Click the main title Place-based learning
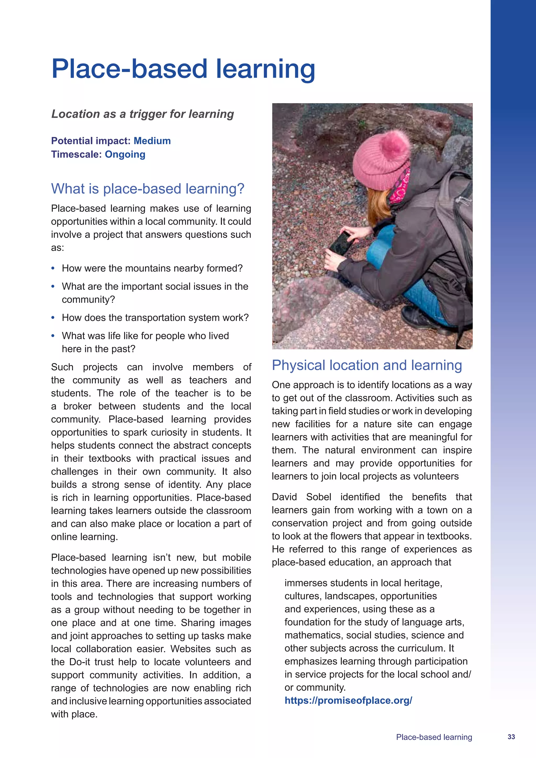click(x=183, y=69)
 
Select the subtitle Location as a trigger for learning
click(x=142, y=114)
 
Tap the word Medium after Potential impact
click(x=152, y=141)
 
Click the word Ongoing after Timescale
click(x=125, y=154)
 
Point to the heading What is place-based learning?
click(x=148, y=189)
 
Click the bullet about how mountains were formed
click(x=152, y=268)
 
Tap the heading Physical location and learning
click(x=367, y=365)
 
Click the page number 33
click(x=511, y=737)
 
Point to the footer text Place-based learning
click(x=434, y=737)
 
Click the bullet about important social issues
click(x=155, y=293)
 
